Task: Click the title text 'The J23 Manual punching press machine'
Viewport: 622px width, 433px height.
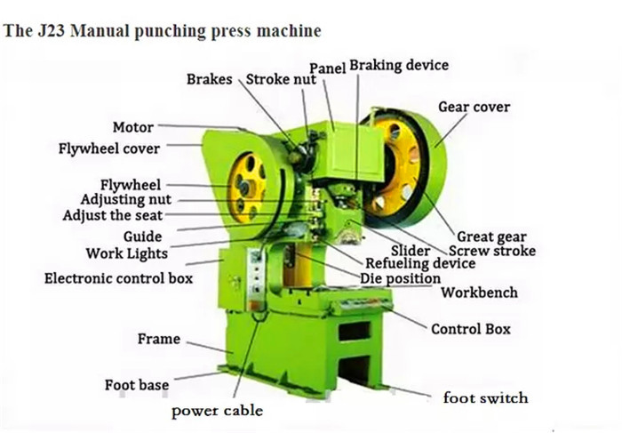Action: (x=162, y=32)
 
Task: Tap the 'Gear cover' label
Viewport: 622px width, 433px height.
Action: (x=474, y=108)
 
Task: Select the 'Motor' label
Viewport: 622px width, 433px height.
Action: (x=132, y=128)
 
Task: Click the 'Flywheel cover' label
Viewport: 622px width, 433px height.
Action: (x=109, y=148)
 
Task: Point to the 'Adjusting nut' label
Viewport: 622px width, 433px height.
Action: (x=125, y=200)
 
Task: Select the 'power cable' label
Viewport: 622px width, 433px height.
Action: (x=217, y=411)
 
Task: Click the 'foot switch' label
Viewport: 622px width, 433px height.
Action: (x=485, y=397)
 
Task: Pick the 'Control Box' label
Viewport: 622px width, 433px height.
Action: (x=471, y=329)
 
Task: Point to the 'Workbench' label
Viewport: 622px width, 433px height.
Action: (x=479, y=293)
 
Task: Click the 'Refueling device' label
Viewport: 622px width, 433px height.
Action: (x=420, y=264)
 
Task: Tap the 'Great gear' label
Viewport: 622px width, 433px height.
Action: (x=491, y=237)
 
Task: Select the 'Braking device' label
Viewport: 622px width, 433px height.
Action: (x=399, y=65)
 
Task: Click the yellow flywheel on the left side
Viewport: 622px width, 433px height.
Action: (x=245, y=186)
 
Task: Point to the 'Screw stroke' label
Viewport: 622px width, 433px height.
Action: (x=498, y=251)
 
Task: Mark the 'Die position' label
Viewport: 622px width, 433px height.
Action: (x=400, y=278)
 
